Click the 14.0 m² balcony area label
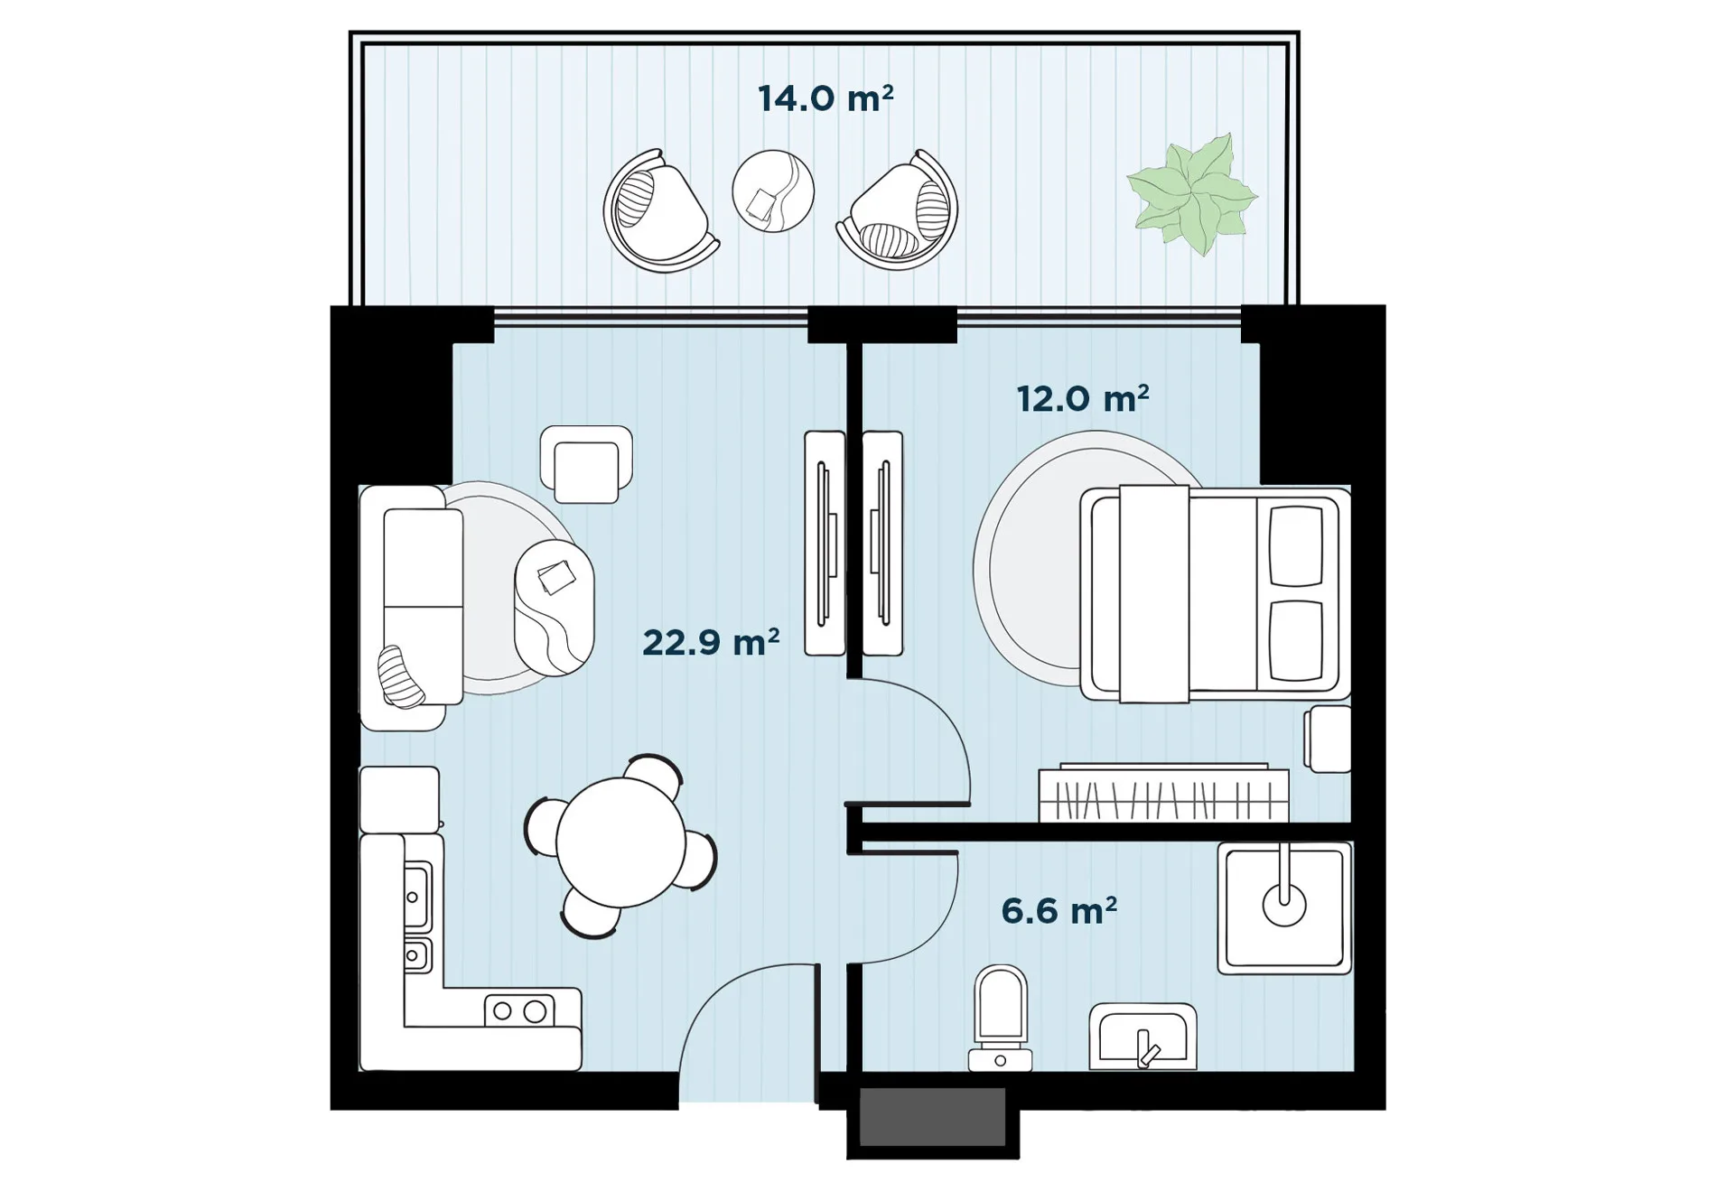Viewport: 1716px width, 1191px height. pos(825,98)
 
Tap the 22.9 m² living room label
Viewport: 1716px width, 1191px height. pos(711,642)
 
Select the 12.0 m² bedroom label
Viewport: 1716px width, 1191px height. pos(1083,398)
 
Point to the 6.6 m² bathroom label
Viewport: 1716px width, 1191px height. pos(1059,910)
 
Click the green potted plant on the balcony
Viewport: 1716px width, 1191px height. pos(1192,194)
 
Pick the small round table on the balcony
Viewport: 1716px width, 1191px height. pos(773,191)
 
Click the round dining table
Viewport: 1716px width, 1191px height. pos(621,842)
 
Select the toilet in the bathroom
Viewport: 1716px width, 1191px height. pos(1001,1019)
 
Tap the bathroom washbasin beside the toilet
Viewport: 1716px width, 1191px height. pos(1142,1037)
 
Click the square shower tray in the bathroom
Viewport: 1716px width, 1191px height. pos(1284,907)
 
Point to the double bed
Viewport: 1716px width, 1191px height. pos(1216,593)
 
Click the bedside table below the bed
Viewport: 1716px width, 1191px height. pos(1328,740)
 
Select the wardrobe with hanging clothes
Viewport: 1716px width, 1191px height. pos(1164,793)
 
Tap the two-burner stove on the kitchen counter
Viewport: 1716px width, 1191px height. pos(519,1010)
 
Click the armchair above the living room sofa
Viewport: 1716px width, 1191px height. pos(586,464)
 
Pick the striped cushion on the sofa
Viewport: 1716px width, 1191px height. pos(400,677)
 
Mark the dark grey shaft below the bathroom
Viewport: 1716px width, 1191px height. pos(932,1117)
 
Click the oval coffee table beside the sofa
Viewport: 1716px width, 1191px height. pos(555,607)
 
